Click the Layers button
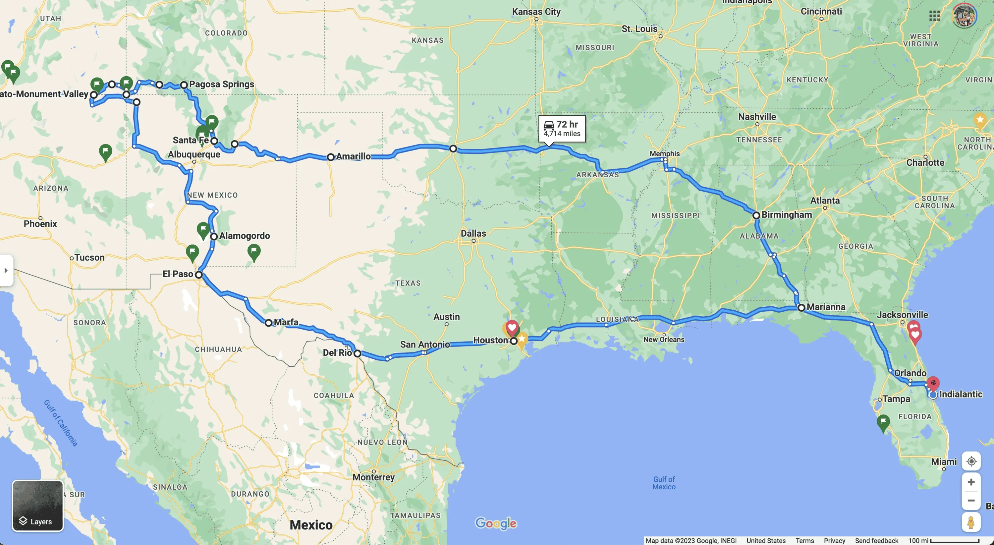pyautogui.click(x=37, y=506)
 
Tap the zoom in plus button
pyautogui.click(x=971, y=482)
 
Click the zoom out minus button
pyautogui.click(x=971, y=501)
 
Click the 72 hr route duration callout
pyautogui.click(x=562, y=129)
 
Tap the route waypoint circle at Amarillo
pyautogui.click(x=330, y=157)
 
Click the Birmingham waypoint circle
pyautogui.click(x=756, y=215)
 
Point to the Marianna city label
pyautogui.click(x=826, y=307)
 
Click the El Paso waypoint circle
pyautogui.click(x=199, y=275)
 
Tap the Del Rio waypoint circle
pyautogui.click(x=357, y=353)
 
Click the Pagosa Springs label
pyautogui.click(x=221, y=84)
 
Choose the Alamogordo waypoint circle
pyautogui.click(x=214, y=236)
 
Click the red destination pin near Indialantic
pyautogui.click(x=933, y=384)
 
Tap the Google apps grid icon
pyautogui.click(x=934, y=16)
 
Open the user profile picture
pyautogui.click(x=964, y=16)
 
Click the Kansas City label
pyautogui.click(x=536, y=12)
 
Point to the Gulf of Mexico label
pyautogui.click(x=664, y=483)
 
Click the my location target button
pyautogui.click(x=971, y=461)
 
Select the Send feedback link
pyautogui.click(x=876, y=541)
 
